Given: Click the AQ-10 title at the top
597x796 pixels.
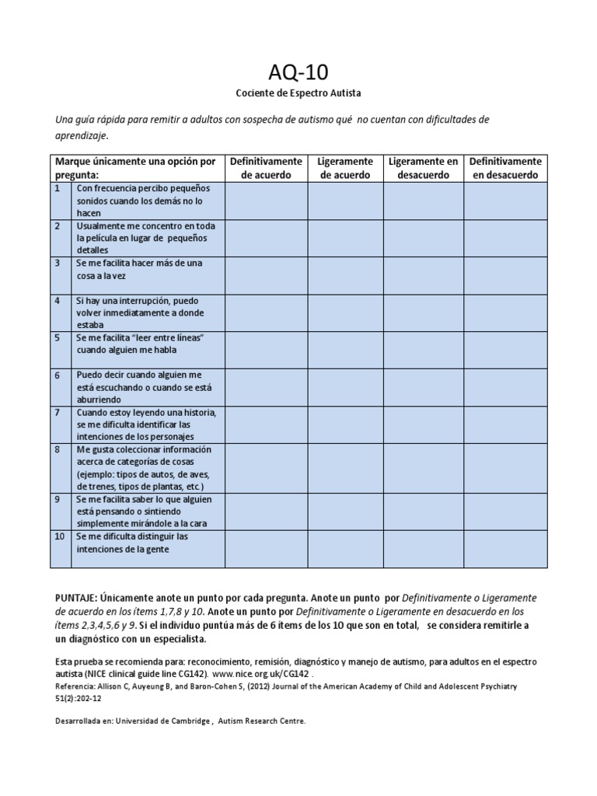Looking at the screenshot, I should click(298, 72).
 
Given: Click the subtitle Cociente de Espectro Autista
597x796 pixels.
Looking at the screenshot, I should click(298, 93).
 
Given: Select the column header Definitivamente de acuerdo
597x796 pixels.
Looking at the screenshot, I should click(266, 168).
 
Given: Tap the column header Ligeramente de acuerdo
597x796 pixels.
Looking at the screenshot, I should click(345, 168).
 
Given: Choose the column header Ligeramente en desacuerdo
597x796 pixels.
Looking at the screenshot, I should click(424, 168).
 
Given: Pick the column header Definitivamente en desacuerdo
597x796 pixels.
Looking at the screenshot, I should click(506, 168).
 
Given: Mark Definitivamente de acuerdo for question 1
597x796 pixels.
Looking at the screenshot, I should click(266, 201).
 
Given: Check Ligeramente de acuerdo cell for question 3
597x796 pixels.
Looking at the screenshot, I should click(345, 274).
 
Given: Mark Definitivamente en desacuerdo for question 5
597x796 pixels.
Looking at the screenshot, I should click(506, 349).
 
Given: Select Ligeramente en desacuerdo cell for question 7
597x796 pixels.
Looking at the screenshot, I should click(424, 424).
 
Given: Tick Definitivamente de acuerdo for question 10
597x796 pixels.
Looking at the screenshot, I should click(266, 549).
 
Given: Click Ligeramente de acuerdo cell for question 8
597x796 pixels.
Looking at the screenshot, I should click(345, 467).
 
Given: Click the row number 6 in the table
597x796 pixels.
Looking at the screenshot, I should click(57, 375).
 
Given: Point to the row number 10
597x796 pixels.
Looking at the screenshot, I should click(59, 536).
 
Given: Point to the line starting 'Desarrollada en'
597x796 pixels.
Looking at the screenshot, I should click(180, 721).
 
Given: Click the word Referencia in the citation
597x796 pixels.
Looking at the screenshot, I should click(75, 687).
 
